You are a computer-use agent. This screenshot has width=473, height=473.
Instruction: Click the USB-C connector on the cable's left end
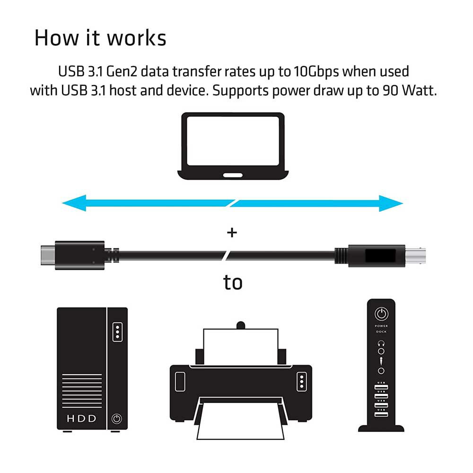48,255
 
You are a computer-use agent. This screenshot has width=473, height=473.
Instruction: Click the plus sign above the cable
232,233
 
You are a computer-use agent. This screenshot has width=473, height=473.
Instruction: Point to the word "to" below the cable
233,282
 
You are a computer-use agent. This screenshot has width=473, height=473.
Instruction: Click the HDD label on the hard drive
82,418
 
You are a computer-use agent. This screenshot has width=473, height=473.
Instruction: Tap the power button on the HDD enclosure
117,418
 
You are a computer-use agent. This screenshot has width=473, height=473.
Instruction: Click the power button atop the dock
381,313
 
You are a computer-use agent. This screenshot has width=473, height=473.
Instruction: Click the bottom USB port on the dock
381,414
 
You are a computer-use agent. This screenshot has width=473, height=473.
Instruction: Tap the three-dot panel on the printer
301,381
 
